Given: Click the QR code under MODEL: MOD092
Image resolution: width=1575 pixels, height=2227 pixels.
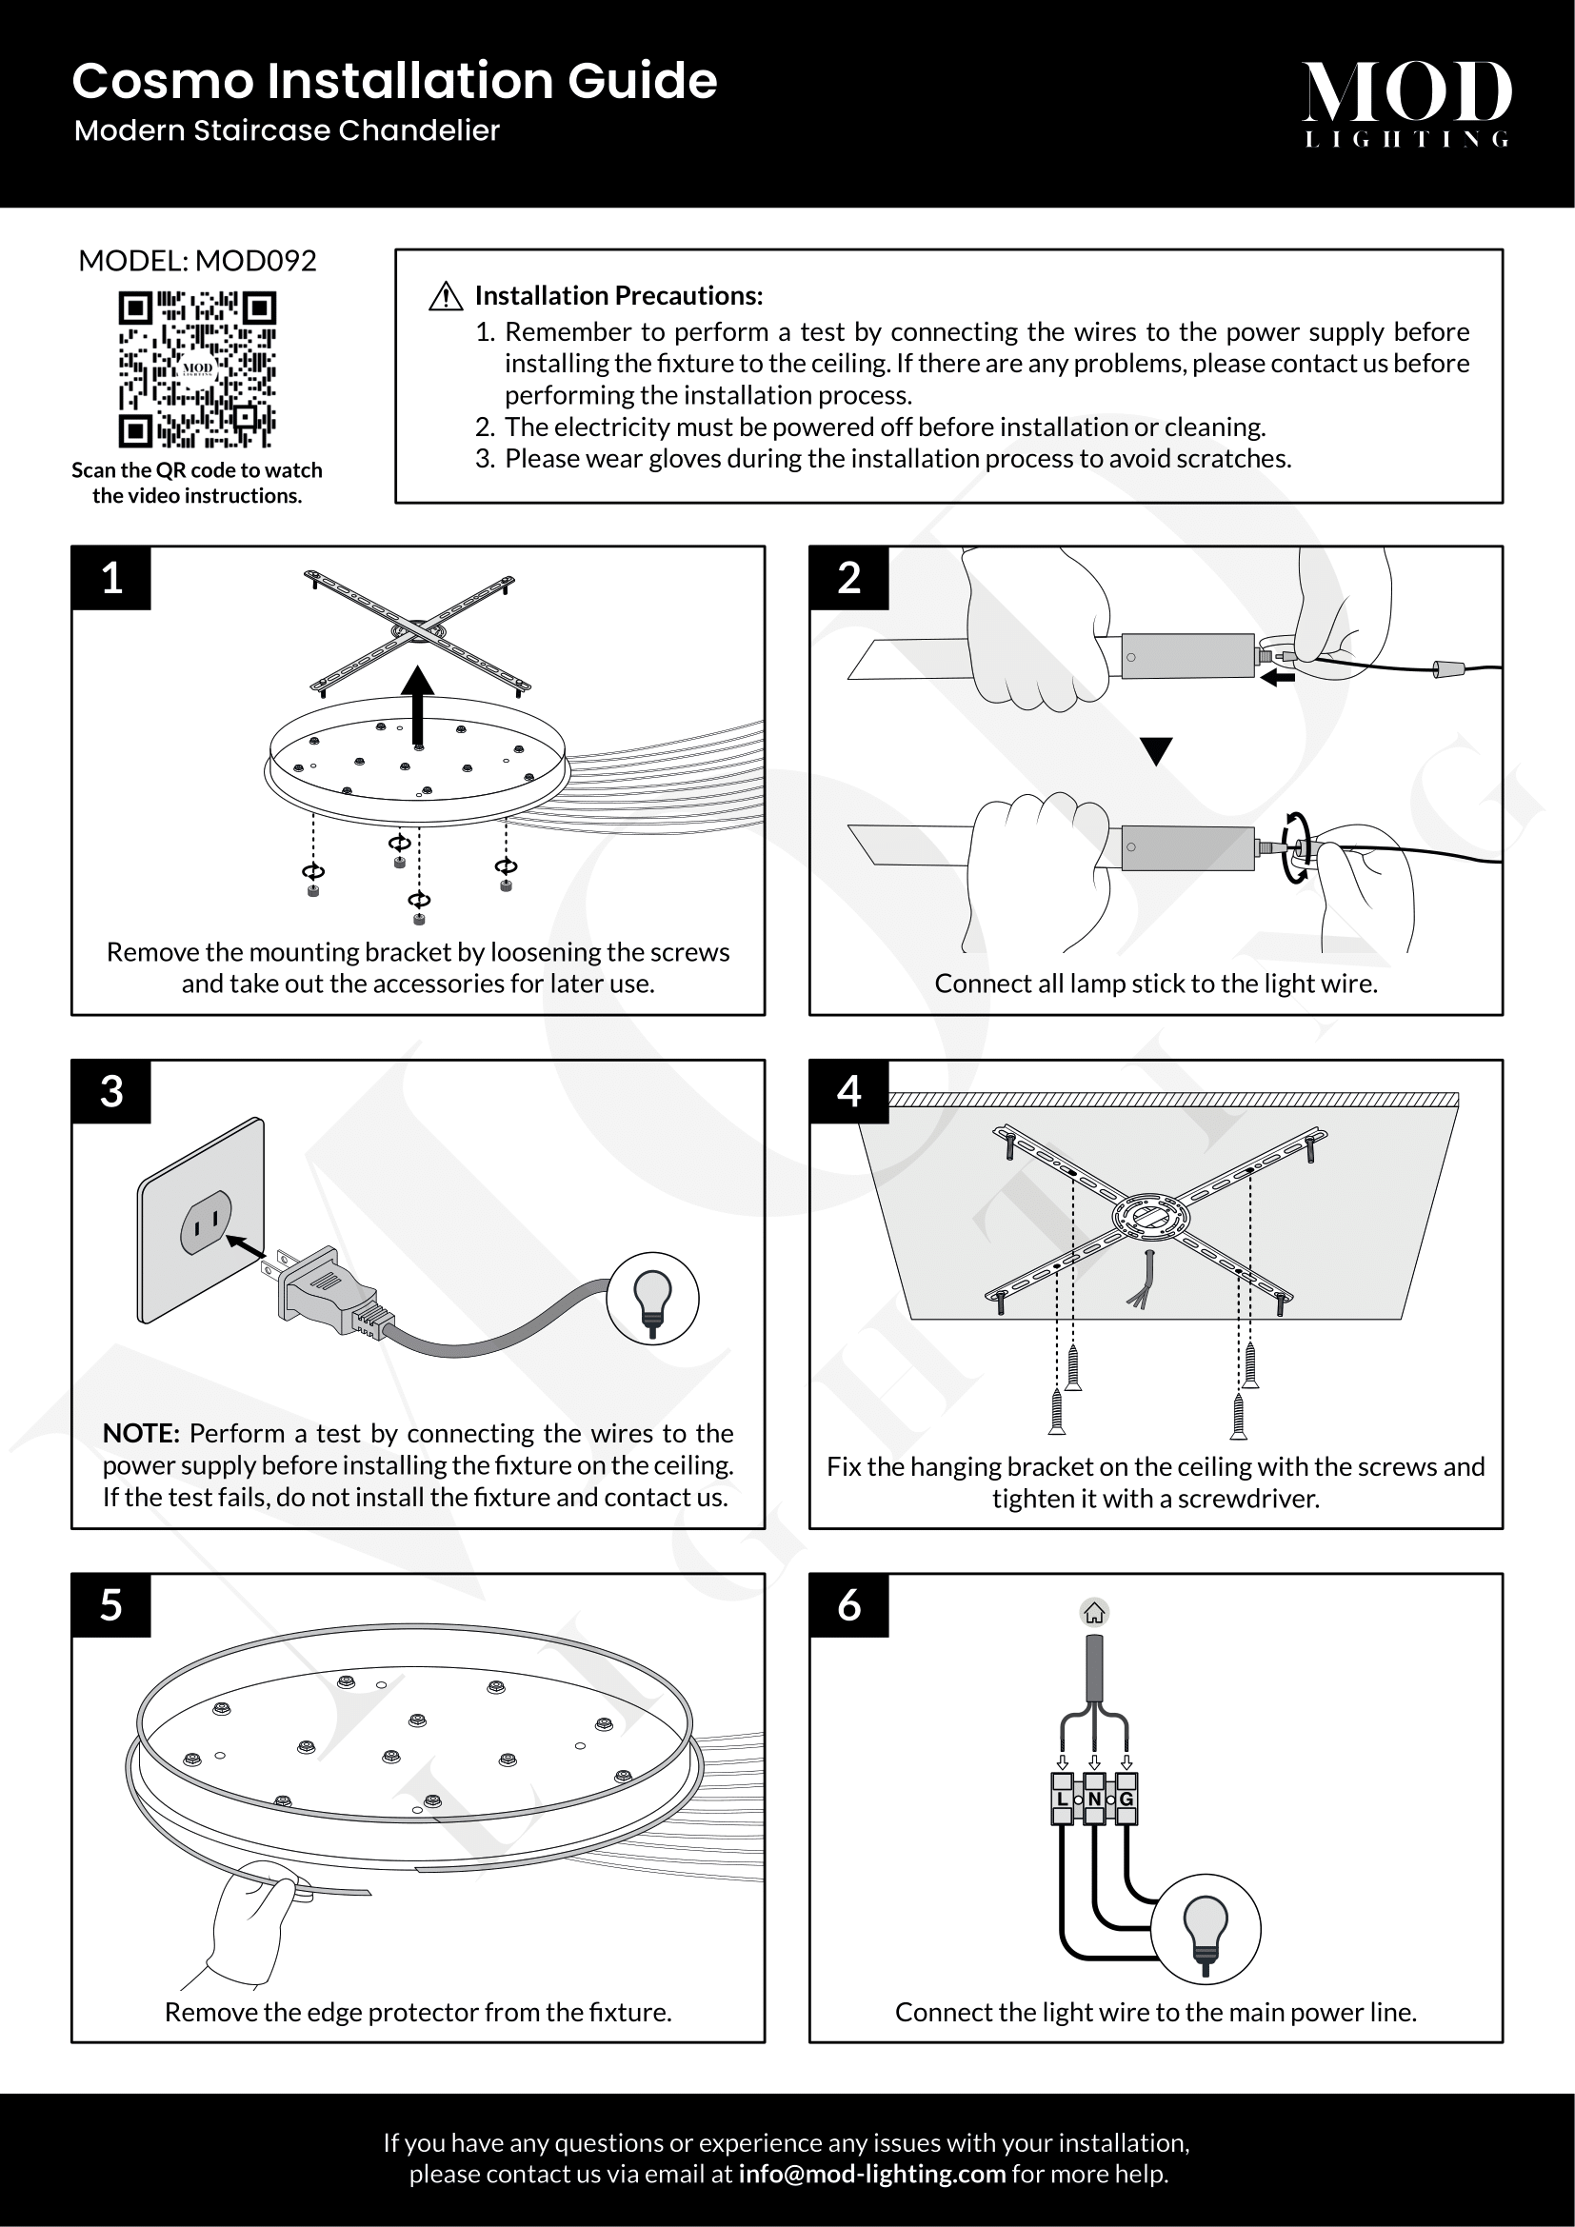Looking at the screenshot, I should pyautogui.click(x=197, y=369).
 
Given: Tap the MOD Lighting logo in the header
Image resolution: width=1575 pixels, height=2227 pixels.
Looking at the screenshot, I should pyautogui.click(x=1406, y=103).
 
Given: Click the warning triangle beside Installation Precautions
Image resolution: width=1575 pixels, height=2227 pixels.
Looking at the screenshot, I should pyautogui.click(x=445, y=296).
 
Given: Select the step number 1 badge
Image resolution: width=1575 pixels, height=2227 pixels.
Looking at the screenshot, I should pyautogui.click(x=111, y=578).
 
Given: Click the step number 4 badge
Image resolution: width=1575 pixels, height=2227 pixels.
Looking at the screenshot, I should pyautogui.click(x=848, y=1091).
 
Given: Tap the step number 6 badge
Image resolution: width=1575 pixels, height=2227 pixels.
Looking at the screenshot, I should pyautogui.click(x=848, y=1605).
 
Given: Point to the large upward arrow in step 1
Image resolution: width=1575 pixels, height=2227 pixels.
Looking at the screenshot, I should pyautogui.click(x=418, y=703).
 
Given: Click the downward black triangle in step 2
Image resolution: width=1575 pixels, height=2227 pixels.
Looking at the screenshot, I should pyautogui.click(x=1156, y=750).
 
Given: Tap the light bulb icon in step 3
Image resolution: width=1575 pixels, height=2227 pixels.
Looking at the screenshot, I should pyautogui.click(x=652, y=1298).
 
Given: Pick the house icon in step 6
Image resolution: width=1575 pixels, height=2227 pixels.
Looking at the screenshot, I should pyautogui.click(x=1094, y=1613).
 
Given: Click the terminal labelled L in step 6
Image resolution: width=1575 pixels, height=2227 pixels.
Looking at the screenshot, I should pyautogui.click(x=1062, y=1799).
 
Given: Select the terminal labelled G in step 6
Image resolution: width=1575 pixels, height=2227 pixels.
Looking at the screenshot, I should pyautogui.click(x=1126, y=1799).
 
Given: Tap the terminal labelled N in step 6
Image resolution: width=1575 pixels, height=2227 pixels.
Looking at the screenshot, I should pyautogui.click(x=1094, y=1799).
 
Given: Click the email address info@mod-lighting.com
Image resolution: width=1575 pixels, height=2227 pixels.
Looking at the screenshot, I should pyautogui.click(x=871, y=2174).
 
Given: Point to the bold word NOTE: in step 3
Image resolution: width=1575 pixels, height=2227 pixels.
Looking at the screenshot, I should pyautogui.click(x=141, y=1434).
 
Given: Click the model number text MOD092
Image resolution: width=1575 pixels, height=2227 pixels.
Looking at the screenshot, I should pyautogui.click(x=256, y=261).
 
